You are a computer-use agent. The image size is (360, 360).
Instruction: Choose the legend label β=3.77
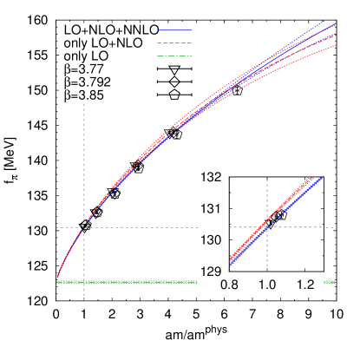[x=84, y=69]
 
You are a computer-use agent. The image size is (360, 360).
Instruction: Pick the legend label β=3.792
[x=88, y=82]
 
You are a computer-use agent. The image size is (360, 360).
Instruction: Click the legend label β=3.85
[x=84, y=95]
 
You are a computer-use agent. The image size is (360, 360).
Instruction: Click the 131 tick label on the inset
[x=213, y=208]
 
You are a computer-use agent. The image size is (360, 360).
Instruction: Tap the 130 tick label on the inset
[x=213, y=240]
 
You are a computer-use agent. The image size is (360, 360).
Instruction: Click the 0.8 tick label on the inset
[x=231, y=285]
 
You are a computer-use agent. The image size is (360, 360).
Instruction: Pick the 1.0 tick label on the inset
[x=267, y=285]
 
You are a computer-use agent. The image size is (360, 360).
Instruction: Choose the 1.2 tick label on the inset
[x=305, y=285]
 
